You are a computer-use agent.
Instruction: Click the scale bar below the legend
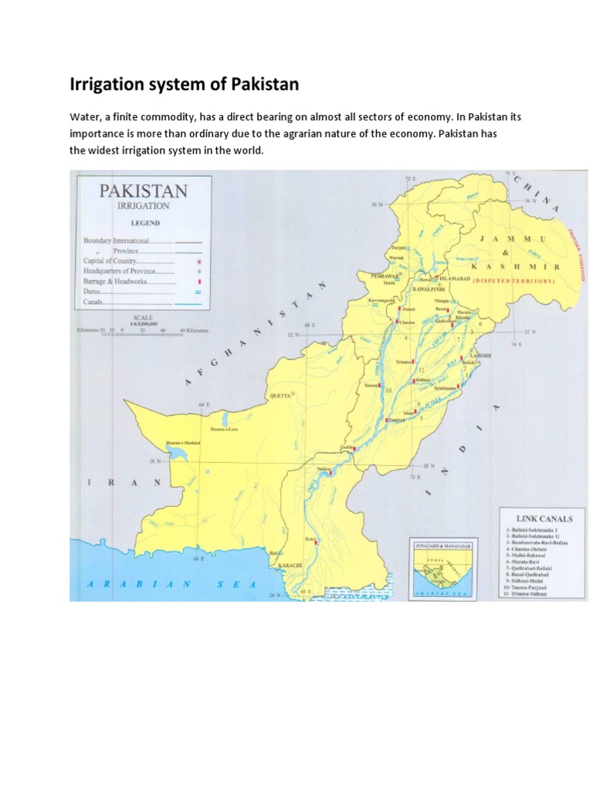tap(139, 329)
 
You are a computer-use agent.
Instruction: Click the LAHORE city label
tap(479, 356)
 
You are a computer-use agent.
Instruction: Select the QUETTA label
tap(280, 395)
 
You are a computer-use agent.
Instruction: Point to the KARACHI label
tap(290, 565)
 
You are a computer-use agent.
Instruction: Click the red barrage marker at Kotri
tap(317, 541)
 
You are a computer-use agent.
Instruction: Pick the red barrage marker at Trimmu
tap(414, 360)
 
